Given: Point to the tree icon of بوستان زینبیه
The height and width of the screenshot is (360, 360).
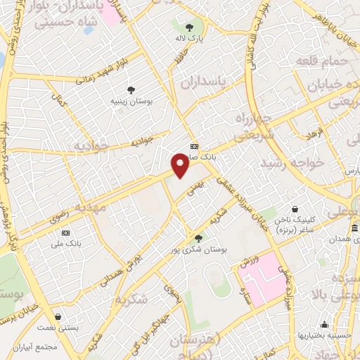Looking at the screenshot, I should coord(131,89).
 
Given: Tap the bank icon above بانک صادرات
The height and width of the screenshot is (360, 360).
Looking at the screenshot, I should coord(195,147).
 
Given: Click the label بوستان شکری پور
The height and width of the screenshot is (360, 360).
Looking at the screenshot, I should coord(198,250).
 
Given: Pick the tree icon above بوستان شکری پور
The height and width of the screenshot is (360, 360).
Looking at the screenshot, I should coord(199,238).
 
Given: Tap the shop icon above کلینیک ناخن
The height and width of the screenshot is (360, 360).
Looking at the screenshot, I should coord(295,209).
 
